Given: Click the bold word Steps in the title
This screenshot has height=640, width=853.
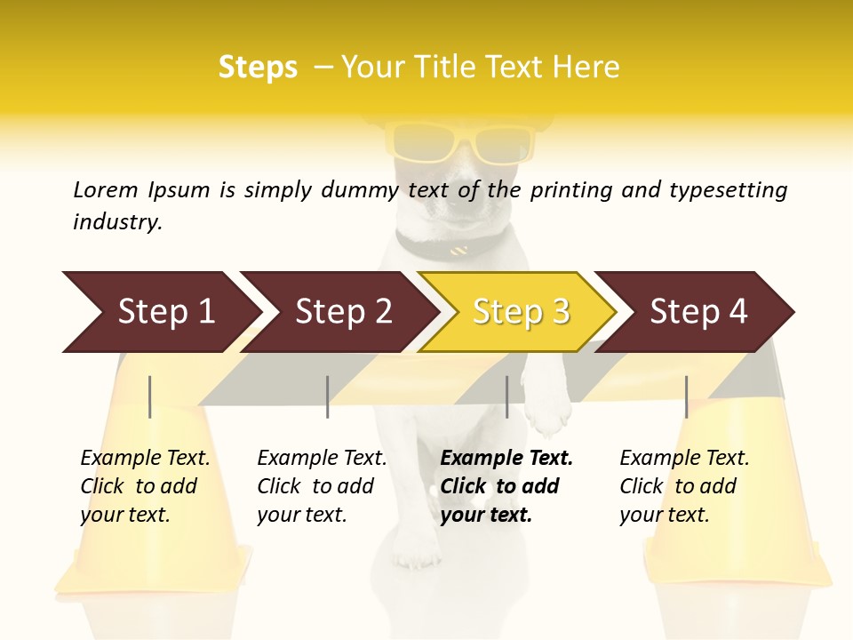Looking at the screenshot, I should [x=258, y=68].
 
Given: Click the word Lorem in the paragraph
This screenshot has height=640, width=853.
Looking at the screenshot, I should [x=105, y=190].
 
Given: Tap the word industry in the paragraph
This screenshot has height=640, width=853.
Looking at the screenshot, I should [x=116, y=222].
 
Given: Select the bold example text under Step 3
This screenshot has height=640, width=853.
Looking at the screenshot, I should [x=505, y=486].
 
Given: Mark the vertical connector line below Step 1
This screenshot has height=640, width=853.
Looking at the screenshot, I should [x=150, y=396].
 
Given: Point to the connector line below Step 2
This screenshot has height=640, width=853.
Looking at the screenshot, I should [x=328, y=396].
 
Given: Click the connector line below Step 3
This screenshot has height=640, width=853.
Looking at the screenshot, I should [x=507, y=396].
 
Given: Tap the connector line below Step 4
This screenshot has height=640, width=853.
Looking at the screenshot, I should [x=686, y=396].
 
